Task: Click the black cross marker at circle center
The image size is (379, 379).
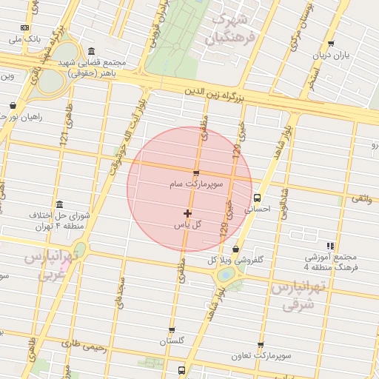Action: [187, 213]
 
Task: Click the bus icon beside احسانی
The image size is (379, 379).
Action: [257, 198]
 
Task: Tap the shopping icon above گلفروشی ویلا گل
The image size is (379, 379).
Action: [236, 249]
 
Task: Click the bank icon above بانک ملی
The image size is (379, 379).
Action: [25, 27]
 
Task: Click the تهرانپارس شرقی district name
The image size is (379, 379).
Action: [298, 294]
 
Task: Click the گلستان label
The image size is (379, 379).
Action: [171, 341]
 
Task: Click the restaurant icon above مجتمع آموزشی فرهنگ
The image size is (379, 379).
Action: [330, 246]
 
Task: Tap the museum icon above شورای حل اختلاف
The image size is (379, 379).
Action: [59, 205]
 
